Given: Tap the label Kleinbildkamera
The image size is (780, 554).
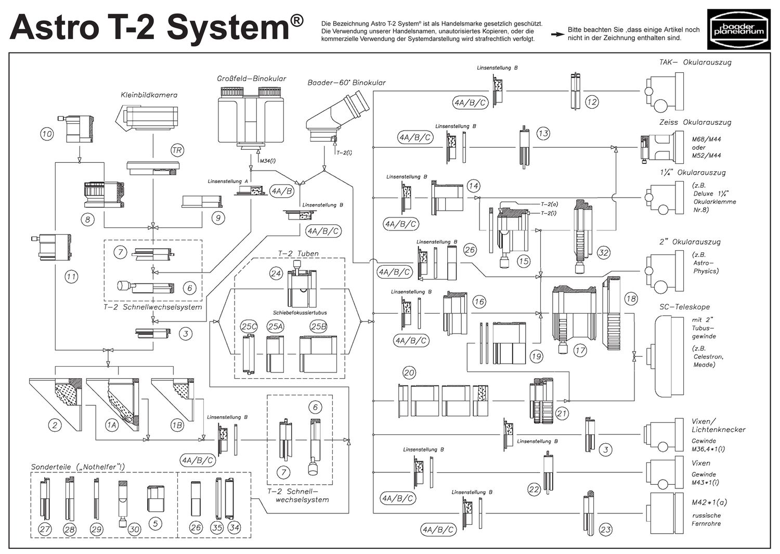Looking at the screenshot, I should pos(149,95).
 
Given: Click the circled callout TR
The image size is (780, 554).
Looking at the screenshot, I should pos(177,150).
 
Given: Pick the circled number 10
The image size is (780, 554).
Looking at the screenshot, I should pos(47,134).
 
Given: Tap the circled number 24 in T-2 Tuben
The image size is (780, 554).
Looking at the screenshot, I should pos(276,273).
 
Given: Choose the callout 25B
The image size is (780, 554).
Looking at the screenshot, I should pos(318,326).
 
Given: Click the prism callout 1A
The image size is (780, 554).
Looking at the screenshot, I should pos(112,425).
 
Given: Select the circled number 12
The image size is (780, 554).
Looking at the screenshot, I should pos(592,102).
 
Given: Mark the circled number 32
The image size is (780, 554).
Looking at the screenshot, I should pos(603,253).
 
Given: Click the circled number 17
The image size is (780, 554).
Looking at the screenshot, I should pos(580,351).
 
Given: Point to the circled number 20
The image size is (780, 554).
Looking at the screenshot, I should pos(409,372).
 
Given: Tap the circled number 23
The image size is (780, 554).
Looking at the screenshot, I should pos(605,530).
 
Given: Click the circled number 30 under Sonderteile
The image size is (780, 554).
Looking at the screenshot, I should pos(134,529).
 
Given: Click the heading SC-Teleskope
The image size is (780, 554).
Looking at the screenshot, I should pos(684,307).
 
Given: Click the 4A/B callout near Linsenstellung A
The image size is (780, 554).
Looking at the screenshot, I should pos(282,191).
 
